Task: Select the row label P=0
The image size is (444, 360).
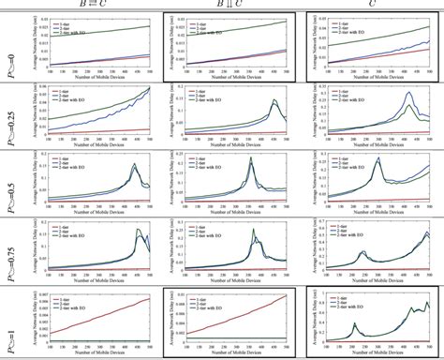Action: (x=9, y=44)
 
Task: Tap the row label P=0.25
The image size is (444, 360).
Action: (x=9, y=112)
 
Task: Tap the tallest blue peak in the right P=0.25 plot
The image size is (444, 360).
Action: (x=409, y=93)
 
